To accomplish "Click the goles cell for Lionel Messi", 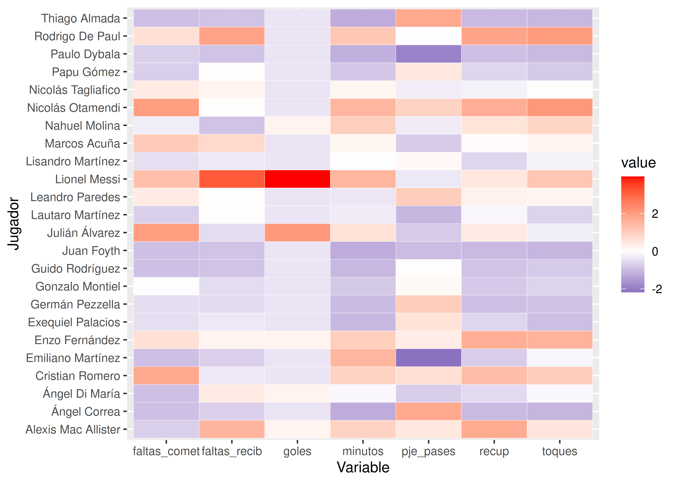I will click(x=297, y=179).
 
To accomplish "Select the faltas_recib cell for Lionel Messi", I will click(x=232, y=179).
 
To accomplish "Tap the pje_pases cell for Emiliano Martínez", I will click(x=428, y=358).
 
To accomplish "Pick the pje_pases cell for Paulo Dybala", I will click(x=428, y=54).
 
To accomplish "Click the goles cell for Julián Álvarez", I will click(x=297, y=233).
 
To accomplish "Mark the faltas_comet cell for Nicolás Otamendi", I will click(x=166, y=107).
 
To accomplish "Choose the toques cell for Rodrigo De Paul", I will click(x=559, y=36).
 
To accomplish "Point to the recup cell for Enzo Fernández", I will click(x=494, y=340).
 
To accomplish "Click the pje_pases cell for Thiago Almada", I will click(x=428, y=18).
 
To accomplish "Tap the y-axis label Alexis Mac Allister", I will click(x=73, y=429).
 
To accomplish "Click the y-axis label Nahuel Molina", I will click(x=83, y=126).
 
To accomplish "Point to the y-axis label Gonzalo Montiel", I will click(x=78, y=286).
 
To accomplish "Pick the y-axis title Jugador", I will click(x=13, y=224).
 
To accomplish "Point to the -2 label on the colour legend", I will click(x=657, y=289).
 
